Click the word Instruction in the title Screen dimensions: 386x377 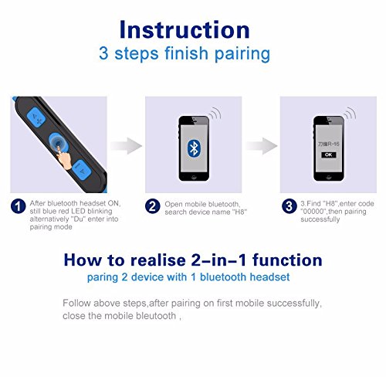click(185, 29)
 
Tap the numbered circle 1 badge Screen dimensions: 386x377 click(18, 206)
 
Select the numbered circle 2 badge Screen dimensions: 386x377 click(152, 206)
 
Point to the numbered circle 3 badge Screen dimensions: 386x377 click(289, 206)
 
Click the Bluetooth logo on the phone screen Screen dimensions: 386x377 click(194, 148)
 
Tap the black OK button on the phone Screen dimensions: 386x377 click(328, 155)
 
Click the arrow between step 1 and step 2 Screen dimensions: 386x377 click(126, 146)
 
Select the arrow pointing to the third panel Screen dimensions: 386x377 click(261, 146)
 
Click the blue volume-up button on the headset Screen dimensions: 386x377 click(36, 117)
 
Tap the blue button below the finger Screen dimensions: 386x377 click(81, 170)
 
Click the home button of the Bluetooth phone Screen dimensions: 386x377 click(194, 177)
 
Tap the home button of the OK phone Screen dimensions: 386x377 click(328, 177)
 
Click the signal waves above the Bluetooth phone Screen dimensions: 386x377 click(215, 113)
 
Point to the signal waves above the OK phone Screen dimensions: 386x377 click(350, 113)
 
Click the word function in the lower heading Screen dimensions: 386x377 click(287, 260)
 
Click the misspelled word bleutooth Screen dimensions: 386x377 click(156, 316)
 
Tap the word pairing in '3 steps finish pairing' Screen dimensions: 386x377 click(242, 54)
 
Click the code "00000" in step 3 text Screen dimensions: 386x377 click(313, 212)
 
